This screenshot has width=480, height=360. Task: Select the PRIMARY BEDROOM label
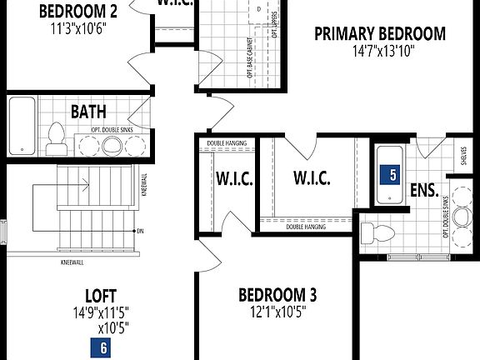click(379, 34)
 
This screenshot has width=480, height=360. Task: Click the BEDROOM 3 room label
click(277, 294)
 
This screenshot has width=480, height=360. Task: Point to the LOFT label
click(100, 295)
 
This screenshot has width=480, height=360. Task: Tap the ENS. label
click(424, 190)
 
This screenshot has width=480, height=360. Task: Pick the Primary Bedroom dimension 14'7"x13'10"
click(379, 50)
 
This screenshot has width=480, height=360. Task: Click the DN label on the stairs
click(140, 231)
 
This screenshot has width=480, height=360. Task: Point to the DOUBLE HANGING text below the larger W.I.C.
click(305, 227)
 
